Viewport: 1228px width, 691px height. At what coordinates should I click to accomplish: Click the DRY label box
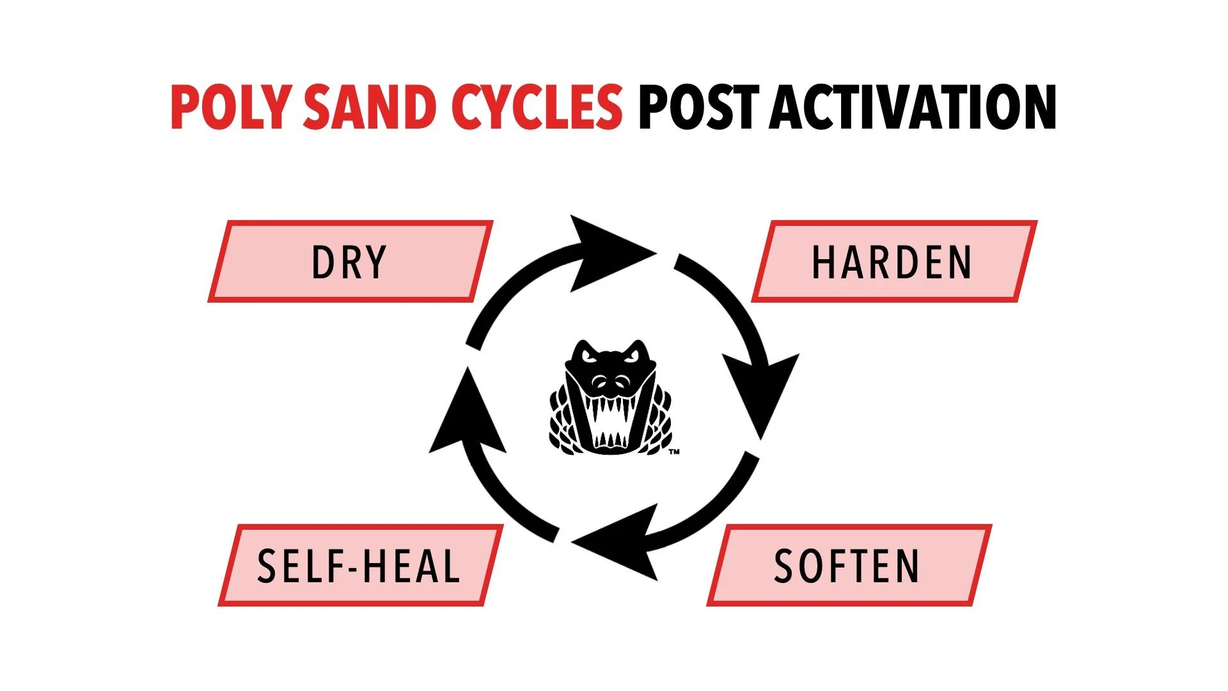(x=350, y=261)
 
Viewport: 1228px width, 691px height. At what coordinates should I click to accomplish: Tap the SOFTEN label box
(x=848, y=566)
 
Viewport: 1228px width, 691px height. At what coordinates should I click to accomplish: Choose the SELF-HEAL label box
(x=359, y=566)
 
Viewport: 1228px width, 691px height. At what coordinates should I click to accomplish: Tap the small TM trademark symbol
(x=674, y=452)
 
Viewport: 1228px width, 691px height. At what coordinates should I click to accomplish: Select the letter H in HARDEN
(x=822, y=262)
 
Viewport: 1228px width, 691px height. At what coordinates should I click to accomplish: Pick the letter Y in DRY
(x=375, y=262)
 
